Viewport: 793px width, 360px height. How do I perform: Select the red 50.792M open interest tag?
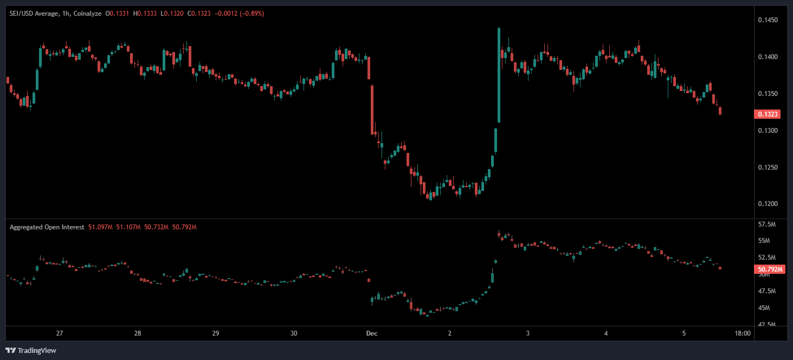770,269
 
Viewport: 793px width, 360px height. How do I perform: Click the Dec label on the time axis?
371,333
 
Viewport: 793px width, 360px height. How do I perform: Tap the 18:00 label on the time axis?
743,333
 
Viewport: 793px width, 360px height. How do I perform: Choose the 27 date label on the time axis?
60,333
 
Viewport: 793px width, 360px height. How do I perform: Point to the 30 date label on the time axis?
294,333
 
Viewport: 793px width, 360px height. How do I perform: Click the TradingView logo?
31,350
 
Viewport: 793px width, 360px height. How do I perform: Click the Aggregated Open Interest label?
47,227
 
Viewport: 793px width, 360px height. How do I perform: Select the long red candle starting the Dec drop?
372,108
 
